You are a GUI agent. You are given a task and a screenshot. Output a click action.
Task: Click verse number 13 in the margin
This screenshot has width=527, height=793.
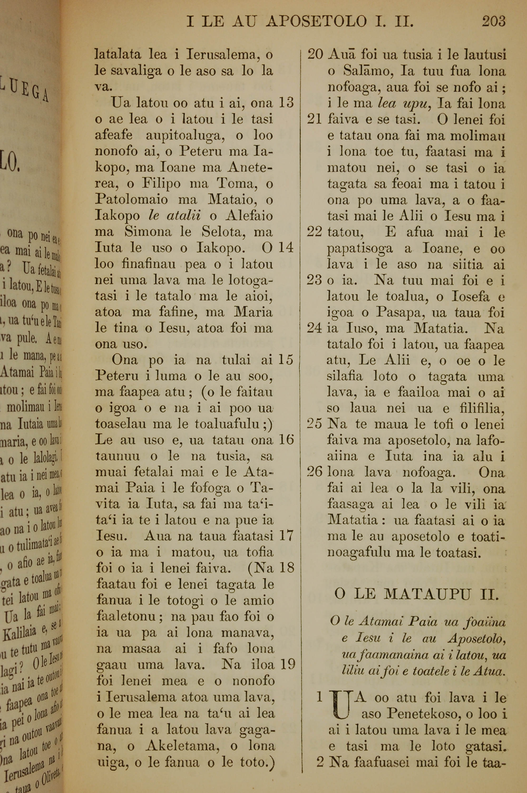coord(286,103)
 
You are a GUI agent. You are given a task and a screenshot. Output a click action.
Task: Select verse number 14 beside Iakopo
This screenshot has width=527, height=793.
coord(286,248)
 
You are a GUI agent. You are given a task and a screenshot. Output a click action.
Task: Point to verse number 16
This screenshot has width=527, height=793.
coord(286,440)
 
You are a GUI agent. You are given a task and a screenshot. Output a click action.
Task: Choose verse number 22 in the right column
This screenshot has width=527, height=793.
coord(315,232)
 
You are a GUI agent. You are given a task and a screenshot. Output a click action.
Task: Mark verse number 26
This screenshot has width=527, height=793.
coord(315,473)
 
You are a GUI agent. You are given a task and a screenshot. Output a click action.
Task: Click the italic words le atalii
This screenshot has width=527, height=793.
coord(174,216)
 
